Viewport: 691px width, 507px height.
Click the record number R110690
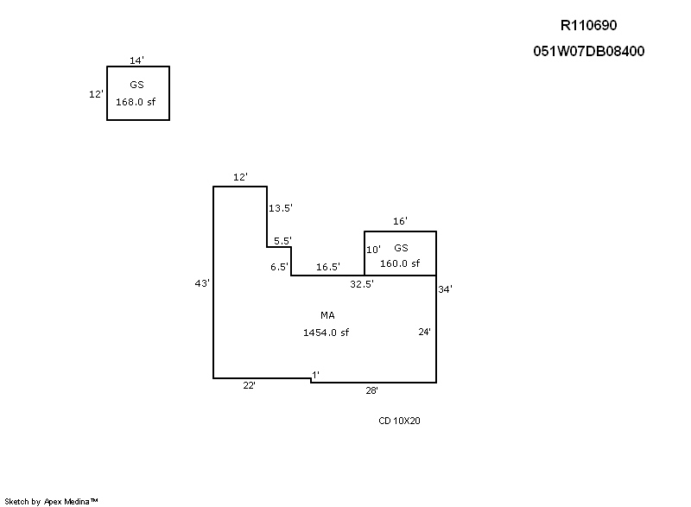point(587,26)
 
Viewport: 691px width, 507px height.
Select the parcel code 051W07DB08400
point(589,51)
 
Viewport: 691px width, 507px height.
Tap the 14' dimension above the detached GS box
point(136,60)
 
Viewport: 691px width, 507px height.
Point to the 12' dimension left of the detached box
point(96,94)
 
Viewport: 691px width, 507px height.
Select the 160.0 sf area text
point(400,263)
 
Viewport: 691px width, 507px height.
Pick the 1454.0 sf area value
point(326,332)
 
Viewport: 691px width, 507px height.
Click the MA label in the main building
point(327,315)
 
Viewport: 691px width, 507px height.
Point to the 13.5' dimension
point(281,208)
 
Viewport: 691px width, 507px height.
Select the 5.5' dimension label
point(282,240)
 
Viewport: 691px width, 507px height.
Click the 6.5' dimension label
point(279,267)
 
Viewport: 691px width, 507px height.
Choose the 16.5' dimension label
point(328,267)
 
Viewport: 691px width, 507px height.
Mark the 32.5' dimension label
point(362,283)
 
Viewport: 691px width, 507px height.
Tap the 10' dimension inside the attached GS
point(373,250)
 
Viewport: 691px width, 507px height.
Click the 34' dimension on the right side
point(445,289)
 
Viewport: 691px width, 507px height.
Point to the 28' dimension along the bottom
point(371,390)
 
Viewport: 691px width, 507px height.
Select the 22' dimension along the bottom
point(249,385)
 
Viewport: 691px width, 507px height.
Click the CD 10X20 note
point(399,421)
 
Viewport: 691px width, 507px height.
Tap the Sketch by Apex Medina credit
point(51,500)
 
